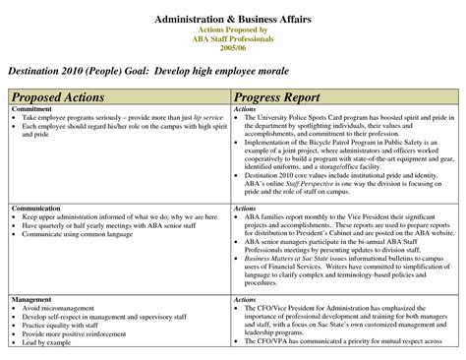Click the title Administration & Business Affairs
pos(232,21)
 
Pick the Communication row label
pos(37,209)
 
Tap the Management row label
pos(32,298)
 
